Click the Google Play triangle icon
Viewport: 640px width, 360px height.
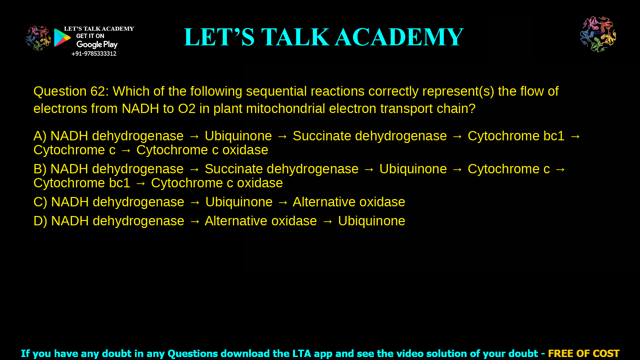click(62, 38)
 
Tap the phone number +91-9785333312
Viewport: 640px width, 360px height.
click(94, 54)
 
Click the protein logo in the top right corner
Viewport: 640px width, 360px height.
click(598, 34)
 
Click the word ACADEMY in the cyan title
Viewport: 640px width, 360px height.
click(399, 37)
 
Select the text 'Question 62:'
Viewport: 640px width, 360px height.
click(71, 91)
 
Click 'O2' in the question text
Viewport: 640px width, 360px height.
click(187, 109)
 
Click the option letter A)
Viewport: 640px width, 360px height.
click(40, 136)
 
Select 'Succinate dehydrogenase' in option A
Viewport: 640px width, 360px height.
click(369, 136)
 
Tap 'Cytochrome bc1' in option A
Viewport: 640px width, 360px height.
click(516, 136)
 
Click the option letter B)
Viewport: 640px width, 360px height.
click(40, 169)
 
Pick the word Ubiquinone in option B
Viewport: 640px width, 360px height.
click(413, 169)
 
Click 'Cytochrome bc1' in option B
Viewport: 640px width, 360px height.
click(82, 183)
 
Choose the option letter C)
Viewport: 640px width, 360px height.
click(40, 202)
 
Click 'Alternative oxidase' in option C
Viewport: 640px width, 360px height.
click(349, 202)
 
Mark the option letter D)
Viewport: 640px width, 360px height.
click(40, 221)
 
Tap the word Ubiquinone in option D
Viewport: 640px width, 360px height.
click(371, 221)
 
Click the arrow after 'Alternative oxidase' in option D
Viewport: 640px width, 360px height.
click(327, 221)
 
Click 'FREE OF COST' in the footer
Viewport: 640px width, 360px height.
click(583, 353)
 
